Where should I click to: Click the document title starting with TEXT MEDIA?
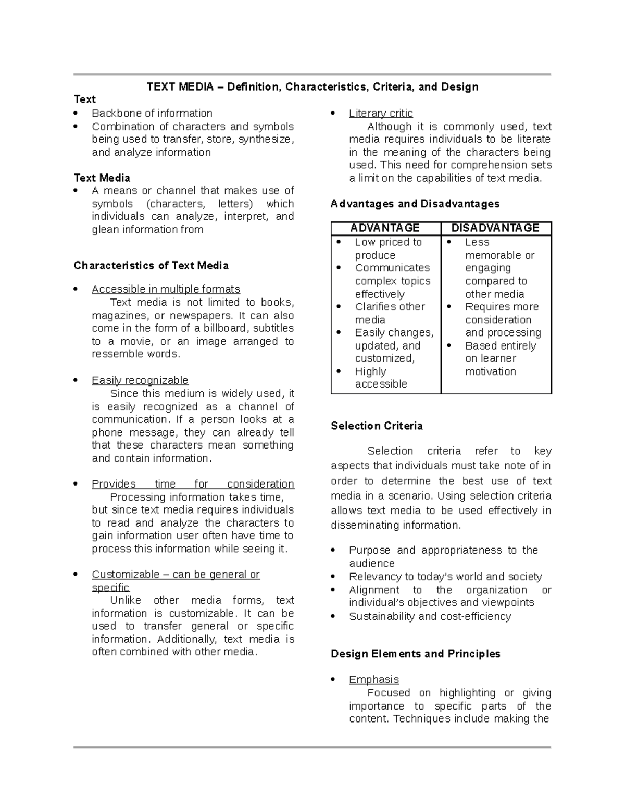(x=312, y=86)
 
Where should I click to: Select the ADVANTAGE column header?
(x=385, y=228)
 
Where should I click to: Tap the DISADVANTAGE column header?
(x=495, y=228)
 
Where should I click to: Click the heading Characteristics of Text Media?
(x=151, y=266)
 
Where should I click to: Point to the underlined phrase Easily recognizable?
(x=140, y=380)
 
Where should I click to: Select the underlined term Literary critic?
(x=381, y=114)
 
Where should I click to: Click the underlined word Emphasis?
(x=374, y=680)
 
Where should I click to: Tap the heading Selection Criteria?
(x=377, y=426)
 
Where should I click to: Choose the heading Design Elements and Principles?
(x=415, y=654)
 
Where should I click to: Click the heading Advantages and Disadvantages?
(x=415, y=204)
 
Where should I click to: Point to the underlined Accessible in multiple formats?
(x=166, y=289)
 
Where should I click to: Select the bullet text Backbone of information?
(x=152, y=114)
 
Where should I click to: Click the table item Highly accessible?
(x=381, y=378)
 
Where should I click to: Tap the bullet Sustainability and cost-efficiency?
(x=430, y=616)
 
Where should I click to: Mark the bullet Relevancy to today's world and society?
(x=445, y=577)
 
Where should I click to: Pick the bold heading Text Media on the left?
(x=102, y=178)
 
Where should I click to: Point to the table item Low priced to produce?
(x=388, y=248)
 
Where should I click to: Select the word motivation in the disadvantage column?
(x=490, y=371)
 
